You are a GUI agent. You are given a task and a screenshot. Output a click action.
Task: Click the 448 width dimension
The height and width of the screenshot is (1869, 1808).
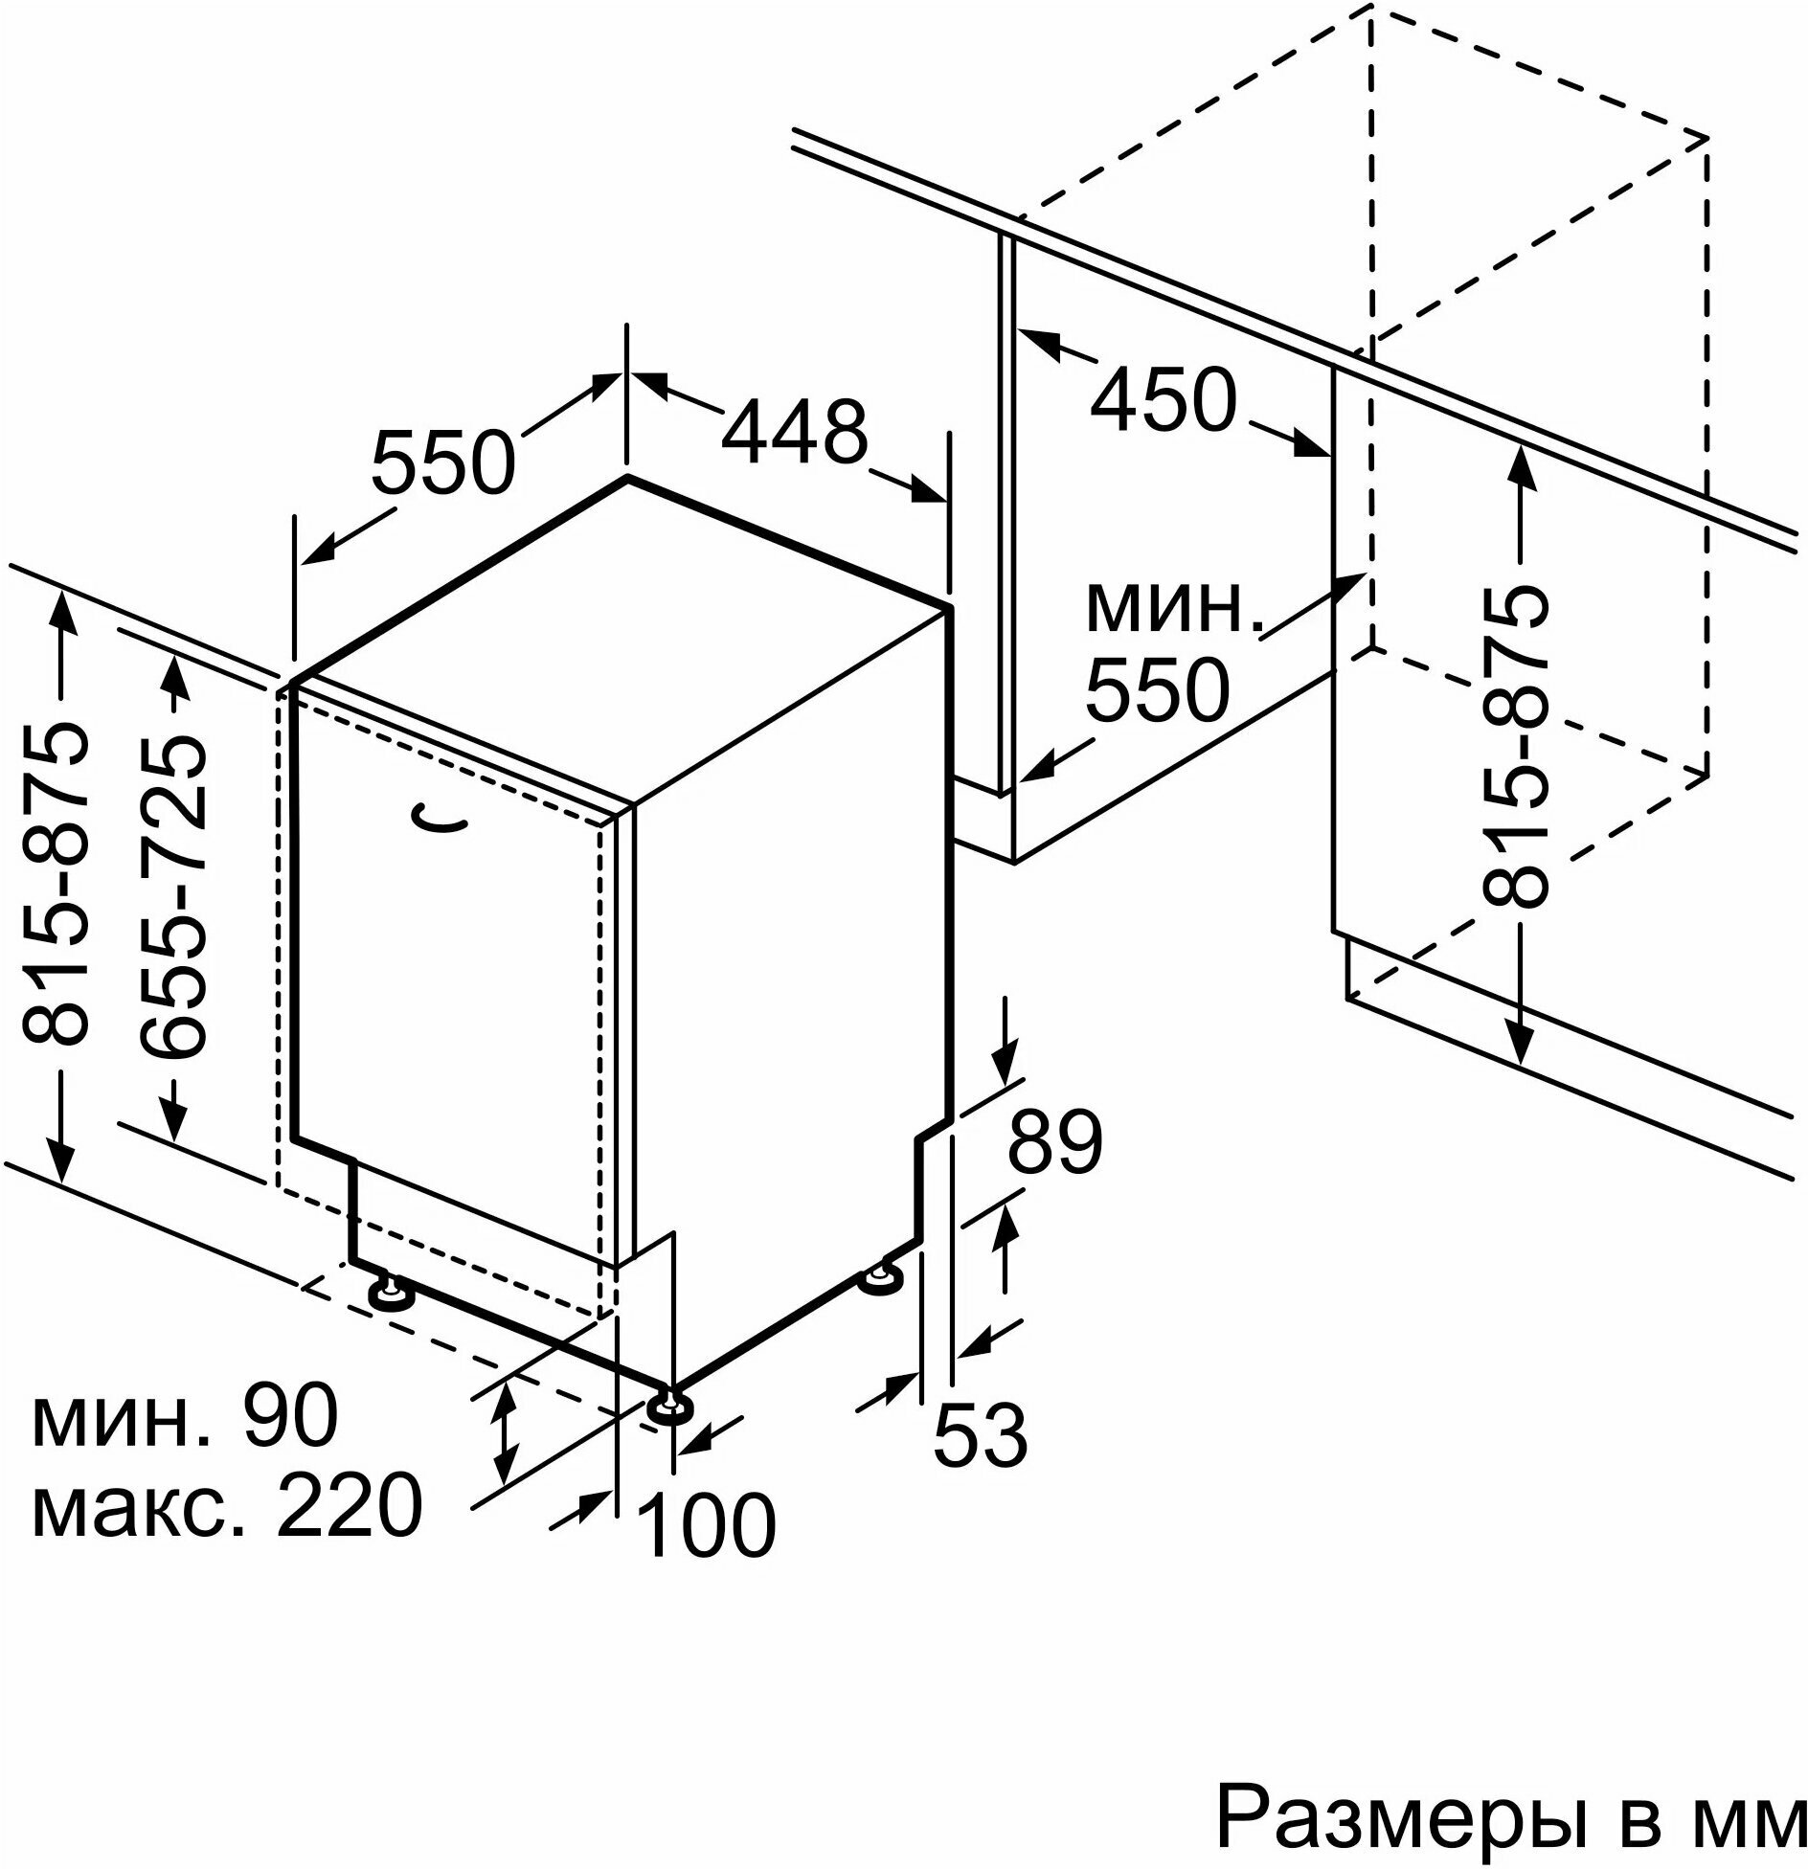794,432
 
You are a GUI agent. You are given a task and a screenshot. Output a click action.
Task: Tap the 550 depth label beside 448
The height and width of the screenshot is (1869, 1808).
443,462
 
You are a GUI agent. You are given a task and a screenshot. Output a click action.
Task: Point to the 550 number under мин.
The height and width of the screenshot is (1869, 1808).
1157,688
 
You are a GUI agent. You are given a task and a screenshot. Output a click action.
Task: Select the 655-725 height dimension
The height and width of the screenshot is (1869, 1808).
173,896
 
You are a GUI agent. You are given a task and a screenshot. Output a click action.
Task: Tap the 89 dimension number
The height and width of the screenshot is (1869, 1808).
1055,1143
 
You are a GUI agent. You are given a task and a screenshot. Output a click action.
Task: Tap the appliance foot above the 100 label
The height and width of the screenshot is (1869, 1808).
670,1406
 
